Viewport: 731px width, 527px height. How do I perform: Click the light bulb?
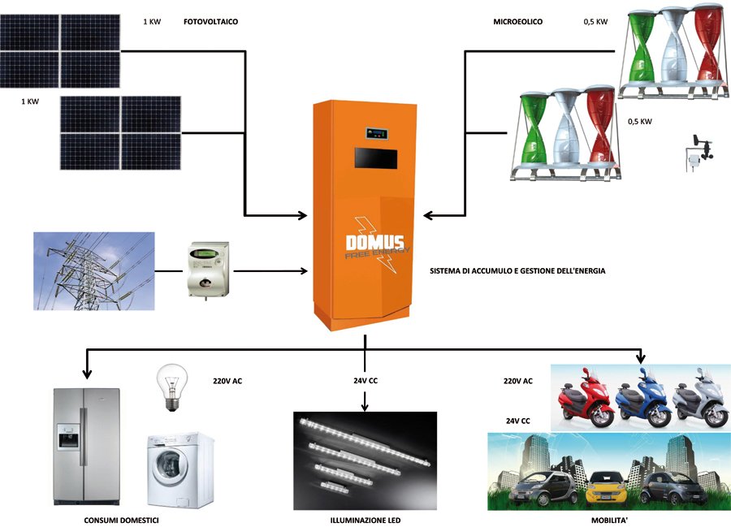point(172,387)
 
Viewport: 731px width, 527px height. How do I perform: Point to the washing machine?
point(180,470)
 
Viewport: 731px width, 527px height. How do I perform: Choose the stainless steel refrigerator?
point(86,447)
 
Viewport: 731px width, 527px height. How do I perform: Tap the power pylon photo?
point(93,270)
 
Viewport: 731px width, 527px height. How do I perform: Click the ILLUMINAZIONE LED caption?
point(365,520)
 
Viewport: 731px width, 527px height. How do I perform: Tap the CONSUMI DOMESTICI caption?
point(121,520)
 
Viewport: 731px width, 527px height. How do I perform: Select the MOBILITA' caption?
point(608,520)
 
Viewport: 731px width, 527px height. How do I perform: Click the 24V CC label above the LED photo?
point(365,380)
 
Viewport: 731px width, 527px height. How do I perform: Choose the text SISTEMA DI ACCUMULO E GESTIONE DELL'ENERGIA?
point(517,270)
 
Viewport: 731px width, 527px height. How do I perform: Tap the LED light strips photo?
point(365,460)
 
